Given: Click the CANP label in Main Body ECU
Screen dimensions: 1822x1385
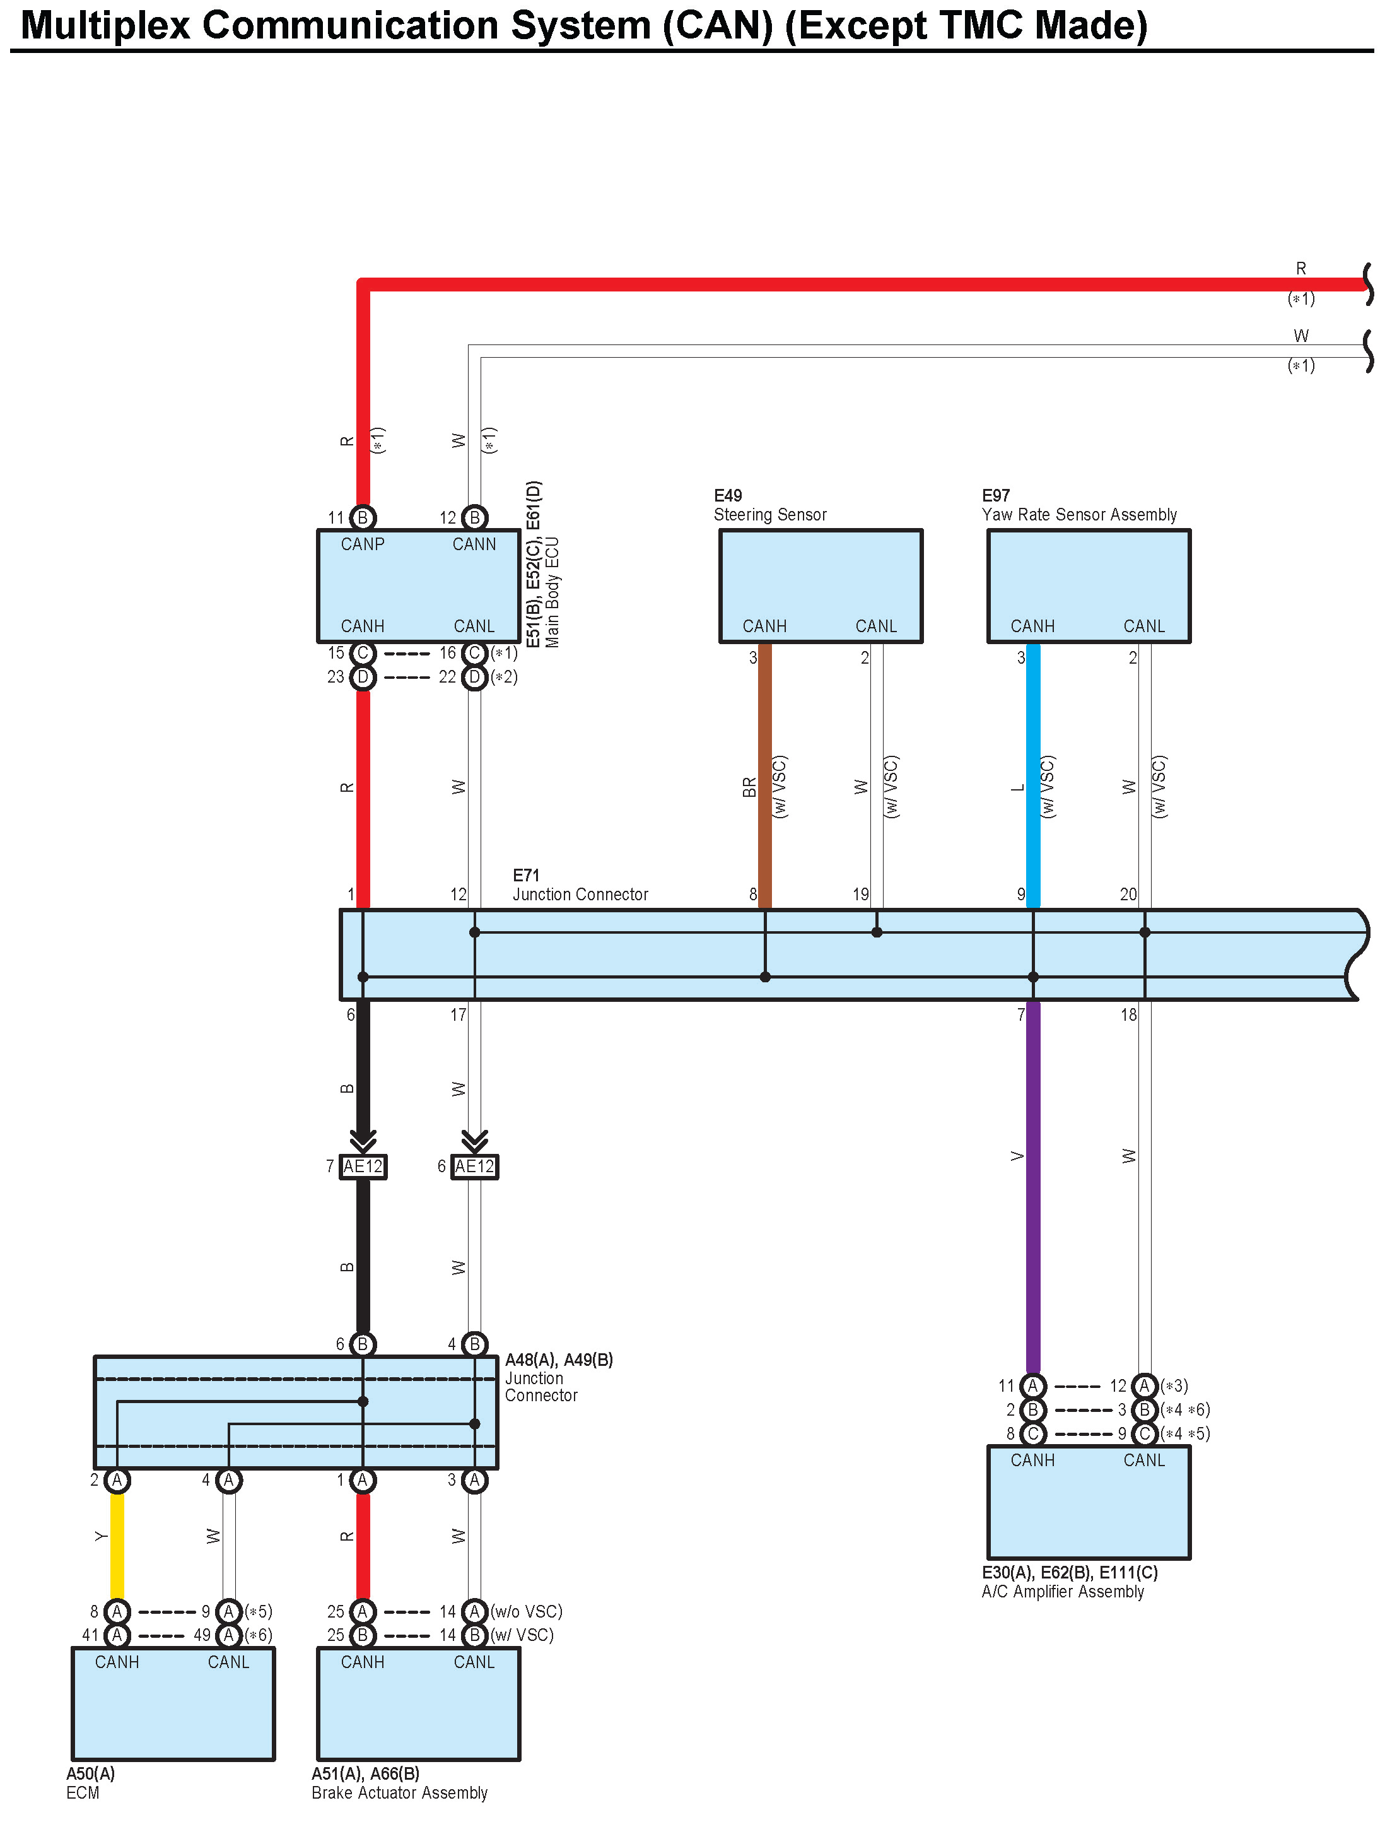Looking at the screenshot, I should (363, 544).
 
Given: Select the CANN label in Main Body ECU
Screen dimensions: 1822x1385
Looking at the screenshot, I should (474, 544).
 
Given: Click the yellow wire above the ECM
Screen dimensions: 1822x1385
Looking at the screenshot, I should (117, 1546).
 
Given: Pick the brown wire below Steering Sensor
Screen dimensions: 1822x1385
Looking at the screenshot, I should (765, 775).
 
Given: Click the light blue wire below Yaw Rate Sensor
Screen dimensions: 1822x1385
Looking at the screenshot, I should (1033, 775).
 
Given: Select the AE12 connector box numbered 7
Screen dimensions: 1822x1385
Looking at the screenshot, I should (363, 1167).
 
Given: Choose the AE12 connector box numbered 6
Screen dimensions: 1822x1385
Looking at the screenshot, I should (475, 1167).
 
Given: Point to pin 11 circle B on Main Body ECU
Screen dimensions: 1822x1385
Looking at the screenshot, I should (363, 518).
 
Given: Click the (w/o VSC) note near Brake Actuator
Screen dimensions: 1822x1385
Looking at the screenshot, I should (526, 1611).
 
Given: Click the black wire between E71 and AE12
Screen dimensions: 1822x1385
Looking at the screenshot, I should (363, 1072).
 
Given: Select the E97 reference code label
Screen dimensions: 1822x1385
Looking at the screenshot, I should (996, 495).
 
